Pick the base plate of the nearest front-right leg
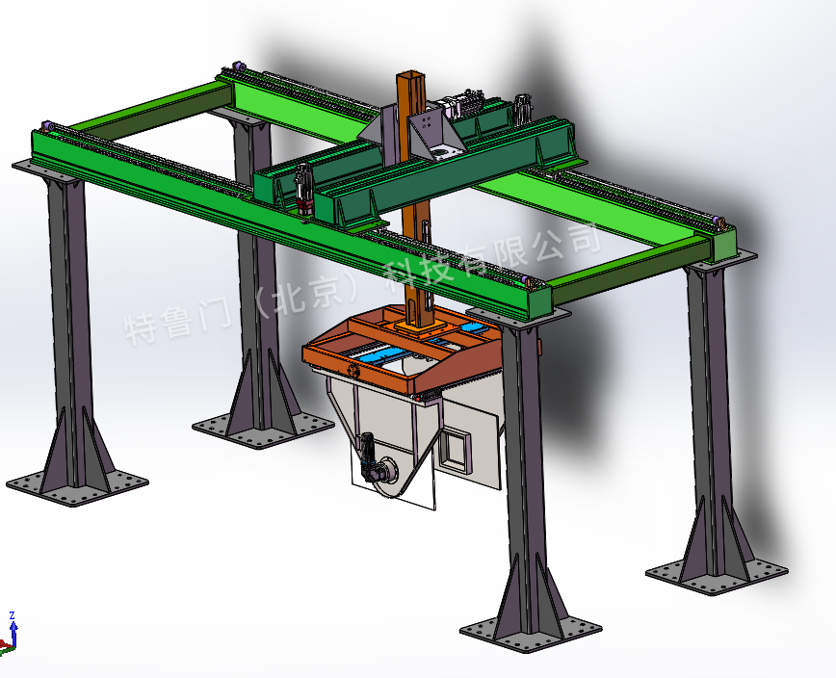(531, 635)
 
